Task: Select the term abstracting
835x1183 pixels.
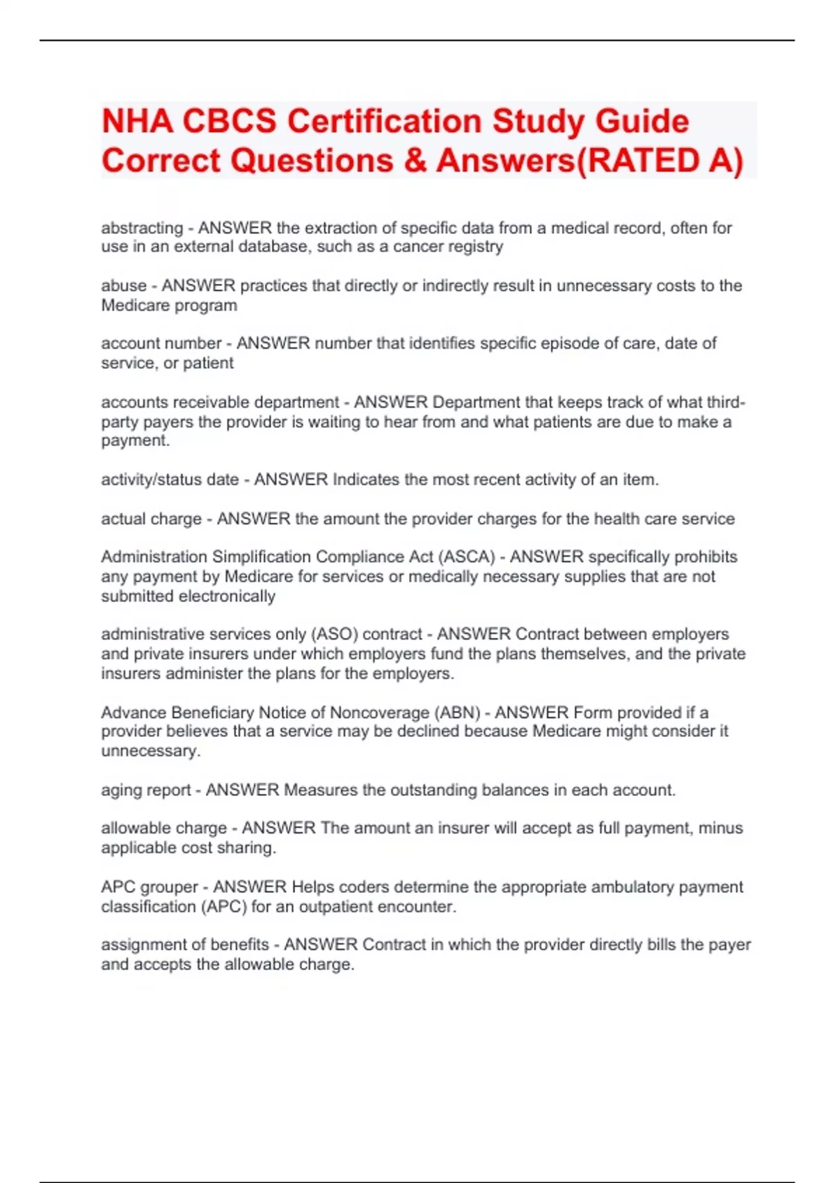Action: coord(142,228)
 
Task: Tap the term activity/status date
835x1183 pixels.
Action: coord(170,480)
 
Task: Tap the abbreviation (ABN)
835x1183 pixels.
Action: coord(457,713)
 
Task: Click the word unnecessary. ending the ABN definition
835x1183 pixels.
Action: coord(150,752)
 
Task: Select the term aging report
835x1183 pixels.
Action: coord(145,791)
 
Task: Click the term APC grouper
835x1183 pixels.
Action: coord(149,887)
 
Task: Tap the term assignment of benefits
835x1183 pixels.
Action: coord(184,945)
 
